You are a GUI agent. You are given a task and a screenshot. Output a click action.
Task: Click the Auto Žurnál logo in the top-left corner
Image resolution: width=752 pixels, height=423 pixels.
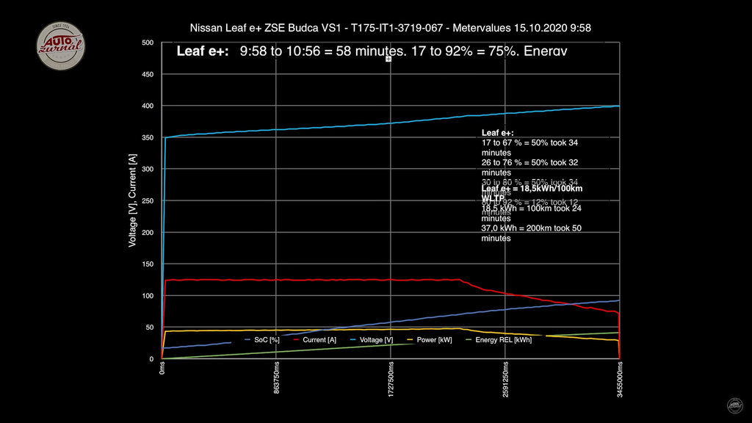point(61,46)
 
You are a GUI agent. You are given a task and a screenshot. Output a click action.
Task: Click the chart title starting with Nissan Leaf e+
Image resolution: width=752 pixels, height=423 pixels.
point(390,28)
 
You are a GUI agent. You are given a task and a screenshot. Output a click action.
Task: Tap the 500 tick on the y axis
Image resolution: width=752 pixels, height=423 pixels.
point(148,43)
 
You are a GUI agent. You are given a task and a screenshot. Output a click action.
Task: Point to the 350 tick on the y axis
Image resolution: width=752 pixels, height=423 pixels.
point(148,137)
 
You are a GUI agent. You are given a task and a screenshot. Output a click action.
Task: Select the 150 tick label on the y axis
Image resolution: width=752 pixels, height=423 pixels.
point(148,264)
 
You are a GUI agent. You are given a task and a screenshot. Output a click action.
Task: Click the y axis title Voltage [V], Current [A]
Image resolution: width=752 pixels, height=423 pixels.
point(133,200)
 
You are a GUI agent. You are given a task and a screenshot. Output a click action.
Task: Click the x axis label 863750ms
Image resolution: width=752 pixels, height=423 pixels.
point(276,378)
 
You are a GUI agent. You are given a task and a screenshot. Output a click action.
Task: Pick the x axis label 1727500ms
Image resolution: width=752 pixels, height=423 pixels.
point(391,378)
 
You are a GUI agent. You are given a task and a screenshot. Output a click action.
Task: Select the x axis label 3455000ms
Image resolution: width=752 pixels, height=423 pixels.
point(620,378)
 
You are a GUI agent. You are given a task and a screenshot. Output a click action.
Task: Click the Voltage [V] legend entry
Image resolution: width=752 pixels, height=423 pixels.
point(376,340)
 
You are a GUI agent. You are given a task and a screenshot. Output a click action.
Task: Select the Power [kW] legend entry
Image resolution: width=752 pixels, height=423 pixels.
point(434,340)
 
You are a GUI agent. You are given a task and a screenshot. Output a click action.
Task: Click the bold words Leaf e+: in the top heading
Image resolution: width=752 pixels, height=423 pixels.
point(203,51)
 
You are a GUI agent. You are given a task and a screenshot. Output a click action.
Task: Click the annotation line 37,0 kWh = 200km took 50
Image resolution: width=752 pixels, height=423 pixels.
point(532,228)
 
